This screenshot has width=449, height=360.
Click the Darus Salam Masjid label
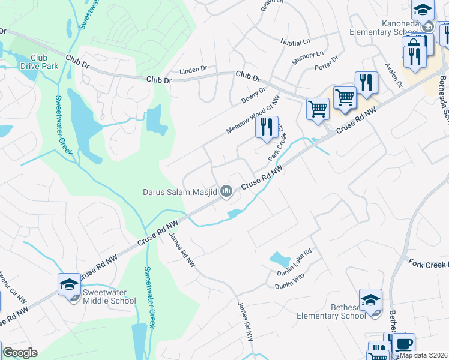point(179,193)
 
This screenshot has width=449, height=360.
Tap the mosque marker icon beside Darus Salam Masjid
point(226,191)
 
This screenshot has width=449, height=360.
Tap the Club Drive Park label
point(44,62)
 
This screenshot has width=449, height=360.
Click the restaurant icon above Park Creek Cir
point(267,127)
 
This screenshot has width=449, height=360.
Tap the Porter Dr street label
point(327,62)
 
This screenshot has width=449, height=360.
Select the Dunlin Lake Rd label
point(295,262)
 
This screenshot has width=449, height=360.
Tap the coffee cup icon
point(403,344)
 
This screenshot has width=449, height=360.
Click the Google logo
point(20,353)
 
